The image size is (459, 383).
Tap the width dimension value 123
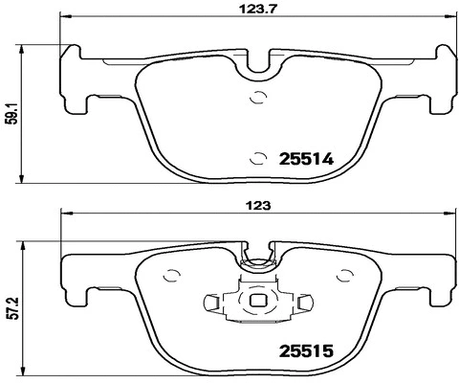click(x=257, y=205)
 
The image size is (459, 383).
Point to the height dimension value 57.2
click(x=10, y=309)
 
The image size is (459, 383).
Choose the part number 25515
click(x=304, y=353)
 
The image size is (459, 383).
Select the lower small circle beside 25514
click(x=256, y=159)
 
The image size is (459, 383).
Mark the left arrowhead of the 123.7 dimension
click(x=64, y=18)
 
